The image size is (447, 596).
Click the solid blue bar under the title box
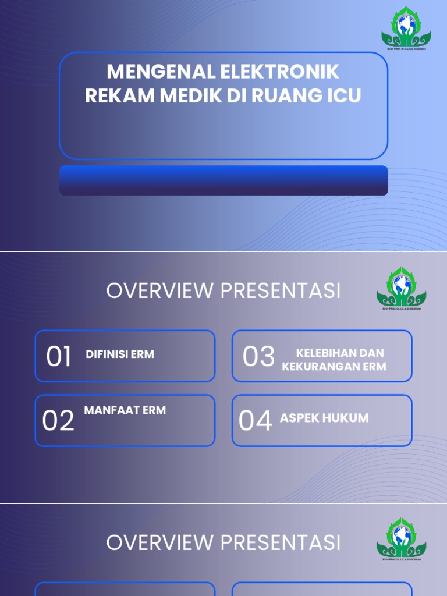pos(223,180)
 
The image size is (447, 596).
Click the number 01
pos(58,357)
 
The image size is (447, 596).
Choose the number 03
pos(258,357)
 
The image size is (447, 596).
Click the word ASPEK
pos(299,418)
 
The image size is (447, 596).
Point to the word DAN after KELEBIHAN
pos(373,353)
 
